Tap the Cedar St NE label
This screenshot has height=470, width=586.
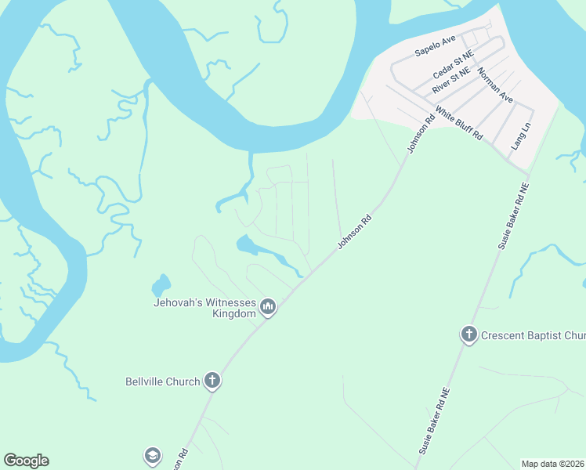point(454,67)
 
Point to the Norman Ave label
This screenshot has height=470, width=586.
point(495,86)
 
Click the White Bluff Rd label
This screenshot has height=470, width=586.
point(459,123)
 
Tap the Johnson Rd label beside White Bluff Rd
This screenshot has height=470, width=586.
point(420,135)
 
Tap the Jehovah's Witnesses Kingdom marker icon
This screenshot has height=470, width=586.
point(268,306)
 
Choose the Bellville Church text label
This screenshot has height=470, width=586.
point(163,382)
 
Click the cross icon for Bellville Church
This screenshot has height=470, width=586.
point(211,381)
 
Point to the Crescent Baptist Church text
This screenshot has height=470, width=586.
point(534,335)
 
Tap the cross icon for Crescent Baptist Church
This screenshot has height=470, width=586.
point(469,335)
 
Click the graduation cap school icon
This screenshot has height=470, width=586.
point(152,456)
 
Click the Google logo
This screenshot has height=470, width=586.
point(26,461)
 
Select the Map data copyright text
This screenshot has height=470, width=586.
point(553,464)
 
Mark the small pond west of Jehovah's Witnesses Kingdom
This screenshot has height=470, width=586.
point(161,285)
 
